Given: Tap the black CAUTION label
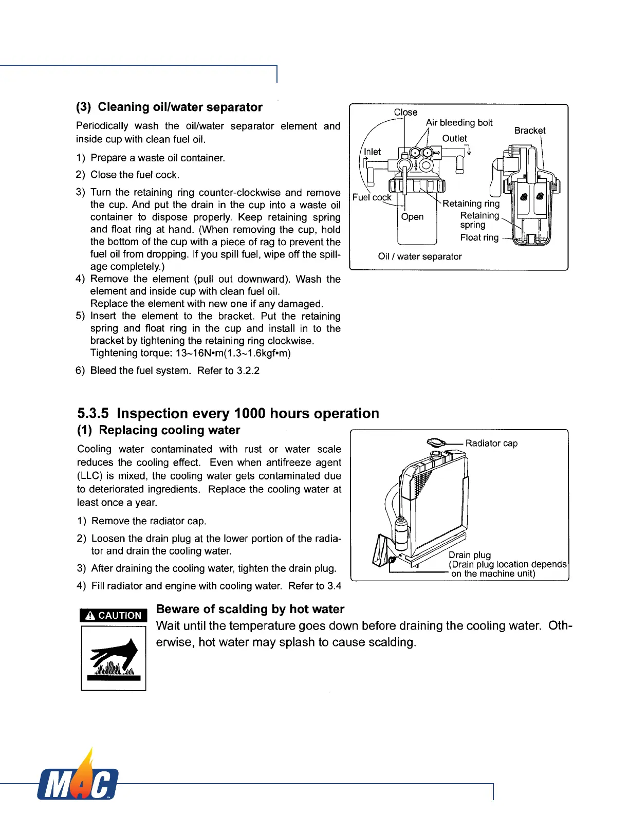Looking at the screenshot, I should click(114, 615).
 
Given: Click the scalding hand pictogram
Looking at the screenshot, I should click(114, 659).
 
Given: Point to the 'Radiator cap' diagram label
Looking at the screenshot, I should click(491, 443).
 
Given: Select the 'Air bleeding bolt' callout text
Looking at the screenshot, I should click(459, 122).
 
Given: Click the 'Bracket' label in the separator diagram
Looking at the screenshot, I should click(529, 131).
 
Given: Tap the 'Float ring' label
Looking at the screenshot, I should click(479, 237).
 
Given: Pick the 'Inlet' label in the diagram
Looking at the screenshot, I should click(372, 152).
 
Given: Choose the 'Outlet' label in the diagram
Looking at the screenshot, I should click(454, 138).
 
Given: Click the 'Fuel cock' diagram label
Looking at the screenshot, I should click(372, 197).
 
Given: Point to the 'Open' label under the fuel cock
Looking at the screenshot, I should click(412, 216).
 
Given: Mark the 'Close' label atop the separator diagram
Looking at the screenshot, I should click(405, 112).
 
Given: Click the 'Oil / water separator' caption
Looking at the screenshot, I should click(419, 256).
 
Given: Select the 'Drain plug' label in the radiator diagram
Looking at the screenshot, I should click(469, 554).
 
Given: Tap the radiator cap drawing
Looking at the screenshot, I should click(437, 442).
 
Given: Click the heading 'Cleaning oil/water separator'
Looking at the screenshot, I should click(180, 107).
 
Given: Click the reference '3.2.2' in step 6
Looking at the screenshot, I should click(248, 371).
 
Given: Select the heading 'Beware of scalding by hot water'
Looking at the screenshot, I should click(250, 609).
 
